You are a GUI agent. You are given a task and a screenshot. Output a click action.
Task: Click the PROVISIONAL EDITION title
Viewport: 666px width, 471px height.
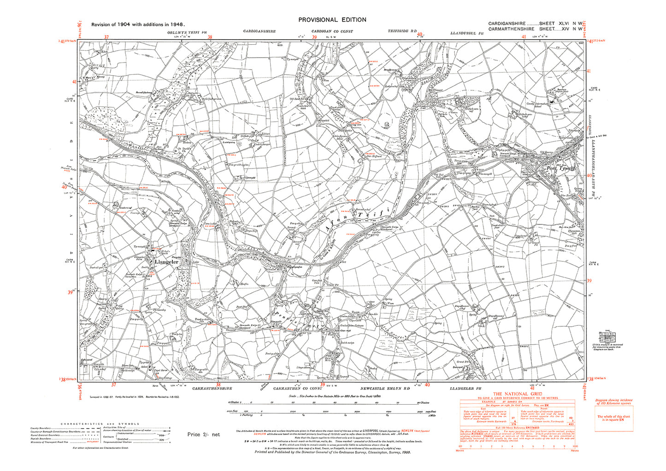(332, 20)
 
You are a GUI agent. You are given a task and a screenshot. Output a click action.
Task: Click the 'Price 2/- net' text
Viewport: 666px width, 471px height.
(204, 434)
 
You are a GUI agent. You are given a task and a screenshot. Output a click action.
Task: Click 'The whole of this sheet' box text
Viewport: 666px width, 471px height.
(613, 418)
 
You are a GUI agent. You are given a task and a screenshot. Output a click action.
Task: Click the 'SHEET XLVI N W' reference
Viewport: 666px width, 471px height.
(560, 23)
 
